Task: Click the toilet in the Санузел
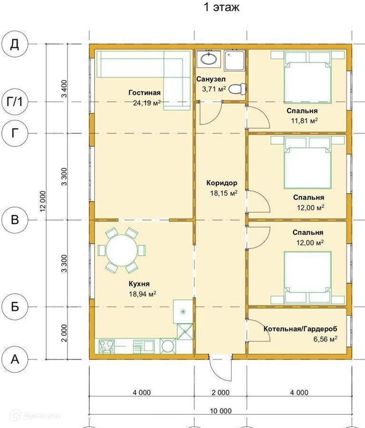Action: (x=237, y=89)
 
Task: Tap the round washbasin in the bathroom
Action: (x=209, y=58)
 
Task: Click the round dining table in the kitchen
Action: (x=121, y=250)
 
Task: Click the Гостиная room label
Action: (x=144, y=93)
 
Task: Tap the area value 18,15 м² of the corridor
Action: (x=223, y=193)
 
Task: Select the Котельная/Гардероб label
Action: (x=300, y=329)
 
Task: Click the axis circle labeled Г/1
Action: (x=15, y=102)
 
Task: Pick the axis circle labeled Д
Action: (x=15, y=44)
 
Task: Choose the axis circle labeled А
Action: (x=15, y=359)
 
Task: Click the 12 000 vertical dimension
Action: (x=43, y=201)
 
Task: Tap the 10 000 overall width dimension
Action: (x=221, y=410)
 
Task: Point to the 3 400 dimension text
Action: (x=64, y=89)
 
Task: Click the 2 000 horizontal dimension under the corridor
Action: (x=221, y=392)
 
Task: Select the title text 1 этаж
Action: (x=221, y=7)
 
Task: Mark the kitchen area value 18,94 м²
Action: (x=143, y=294)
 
